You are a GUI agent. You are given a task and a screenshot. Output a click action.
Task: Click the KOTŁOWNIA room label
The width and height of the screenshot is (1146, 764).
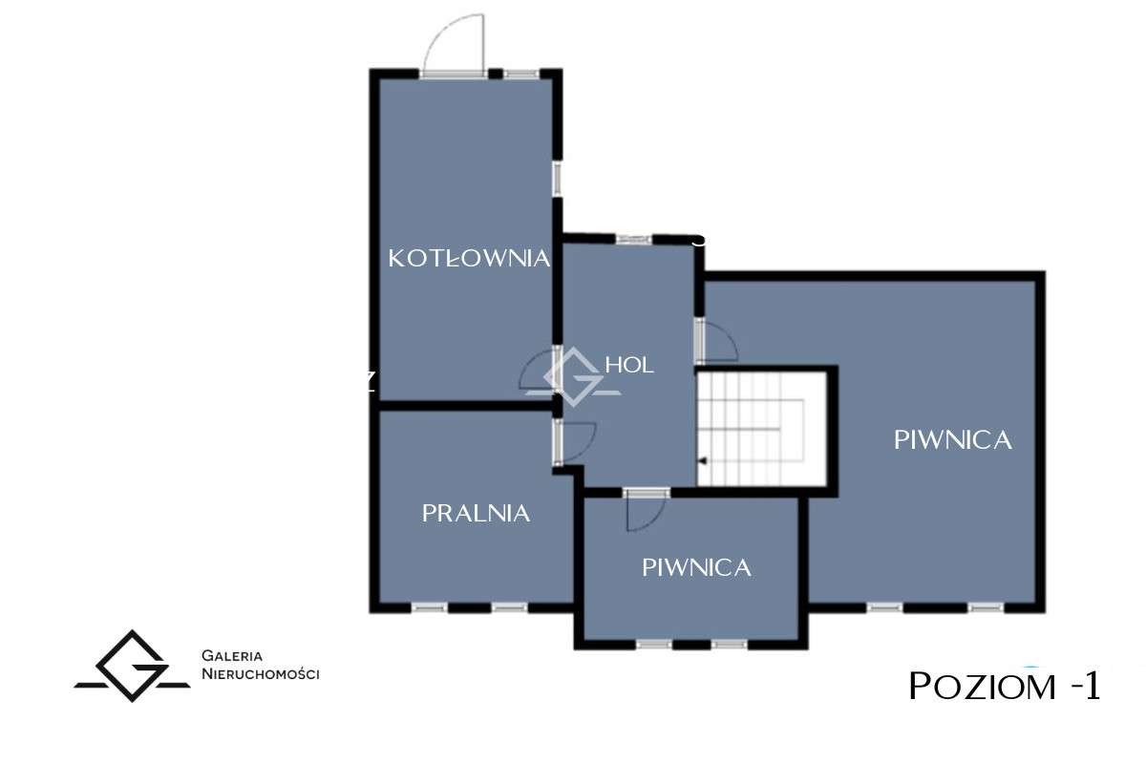(x=469, y=258)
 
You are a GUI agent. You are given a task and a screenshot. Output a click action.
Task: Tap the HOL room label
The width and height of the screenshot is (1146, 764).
(x=629, y=365)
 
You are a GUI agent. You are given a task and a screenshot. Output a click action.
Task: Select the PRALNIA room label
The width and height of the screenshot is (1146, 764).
(x=476, y=513)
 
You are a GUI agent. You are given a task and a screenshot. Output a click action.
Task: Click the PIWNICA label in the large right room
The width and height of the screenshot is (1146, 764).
(x=952, y=440)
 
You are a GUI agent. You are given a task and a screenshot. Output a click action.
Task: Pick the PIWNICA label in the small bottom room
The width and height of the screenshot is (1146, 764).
(x=696, y=567)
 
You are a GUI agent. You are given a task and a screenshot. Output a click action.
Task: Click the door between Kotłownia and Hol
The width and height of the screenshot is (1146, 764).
(x=541, y=371)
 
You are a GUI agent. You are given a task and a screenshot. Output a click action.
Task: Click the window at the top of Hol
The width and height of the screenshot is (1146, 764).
(x=632, y=239)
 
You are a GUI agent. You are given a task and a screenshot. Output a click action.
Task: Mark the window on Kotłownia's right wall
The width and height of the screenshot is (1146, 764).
(x=557, y=179)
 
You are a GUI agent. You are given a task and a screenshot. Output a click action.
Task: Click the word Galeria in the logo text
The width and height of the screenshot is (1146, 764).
(x=232, y=656)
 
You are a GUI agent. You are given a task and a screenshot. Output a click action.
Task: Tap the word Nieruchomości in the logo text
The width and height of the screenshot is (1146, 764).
(x=260, y=674)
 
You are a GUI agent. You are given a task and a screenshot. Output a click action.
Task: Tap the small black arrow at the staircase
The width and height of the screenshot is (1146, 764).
(x=702, y=461)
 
